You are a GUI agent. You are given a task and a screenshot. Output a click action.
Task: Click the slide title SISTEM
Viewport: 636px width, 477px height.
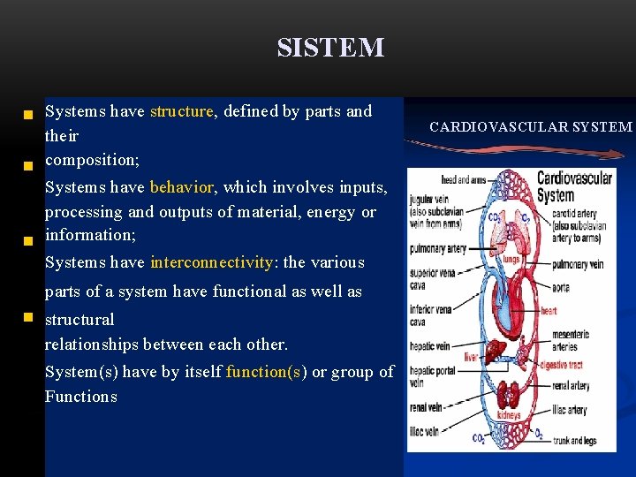[330, 48]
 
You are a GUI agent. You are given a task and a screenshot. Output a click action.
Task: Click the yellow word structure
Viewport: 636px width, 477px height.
[182, 112]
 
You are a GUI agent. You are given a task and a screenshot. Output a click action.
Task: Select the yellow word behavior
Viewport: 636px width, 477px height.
[182, 187]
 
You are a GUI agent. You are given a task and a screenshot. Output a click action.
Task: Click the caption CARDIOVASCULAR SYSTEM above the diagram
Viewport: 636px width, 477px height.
[531, 127]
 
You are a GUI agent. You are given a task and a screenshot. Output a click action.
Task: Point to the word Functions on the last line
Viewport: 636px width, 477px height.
[81, 397]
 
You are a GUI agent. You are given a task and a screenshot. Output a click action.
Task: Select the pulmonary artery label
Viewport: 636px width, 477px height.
[436, 249]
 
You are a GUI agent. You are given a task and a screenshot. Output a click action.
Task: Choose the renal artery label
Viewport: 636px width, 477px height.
[574, 385]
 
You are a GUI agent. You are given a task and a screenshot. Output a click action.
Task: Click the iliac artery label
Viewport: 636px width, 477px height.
[569, 410]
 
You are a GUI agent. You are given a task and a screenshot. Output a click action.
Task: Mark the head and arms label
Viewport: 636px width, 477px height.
[462, 180]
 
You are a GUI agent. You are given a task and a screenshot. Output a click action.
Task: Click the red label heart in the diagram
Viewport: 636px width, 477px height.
[549, 311]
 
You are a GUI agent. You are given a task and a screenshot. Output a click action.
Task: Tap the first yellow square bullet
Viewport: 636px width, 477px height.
[28, 114]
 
